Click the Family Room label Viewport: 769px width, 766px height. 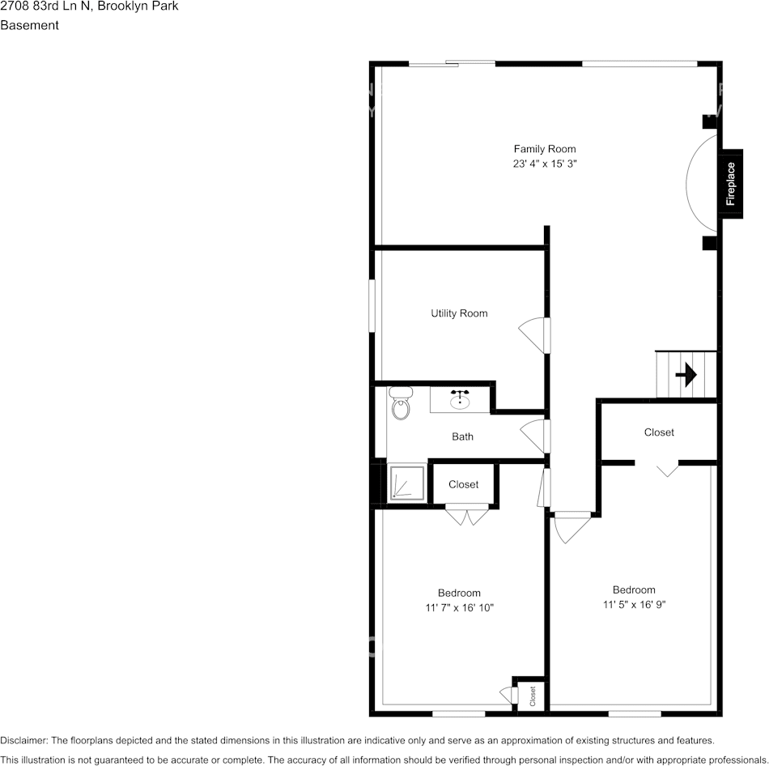pos(545,149)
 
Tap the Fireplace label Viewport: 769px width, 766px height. pos(730,184)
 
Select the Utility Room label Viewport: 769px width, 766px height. pos(459,313)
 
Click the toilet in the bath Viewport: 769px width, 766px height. pos(401,403)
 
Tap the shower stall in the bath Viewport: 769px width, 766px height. pos(407,483)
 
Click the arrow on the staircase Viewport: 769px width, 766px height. pos(686,375)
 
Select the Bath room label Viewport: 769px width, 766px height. pos(462,437)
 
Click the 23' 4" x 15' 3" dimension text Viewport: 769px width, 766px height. pos(545,164)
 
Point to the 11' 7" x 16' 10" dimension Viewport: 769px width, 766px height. pos(459,607)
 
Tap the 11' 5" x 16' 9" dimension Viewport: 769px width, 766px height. pos(634,604)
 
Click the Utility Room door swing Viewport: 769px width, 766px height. pos(534,334)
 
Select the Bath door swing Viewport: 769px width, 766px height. pos(535,436)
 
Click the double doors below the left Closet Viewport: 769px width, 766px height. pos(467,513)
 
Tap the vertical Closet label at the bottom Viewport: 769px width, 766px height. pos(533,696)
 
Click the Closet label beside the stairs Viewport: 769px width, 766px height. pos(659,432)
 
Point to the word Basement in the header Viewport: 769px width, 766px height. pos(29,25)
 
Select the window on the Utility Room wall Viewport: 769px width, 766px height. pos(372,305)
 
